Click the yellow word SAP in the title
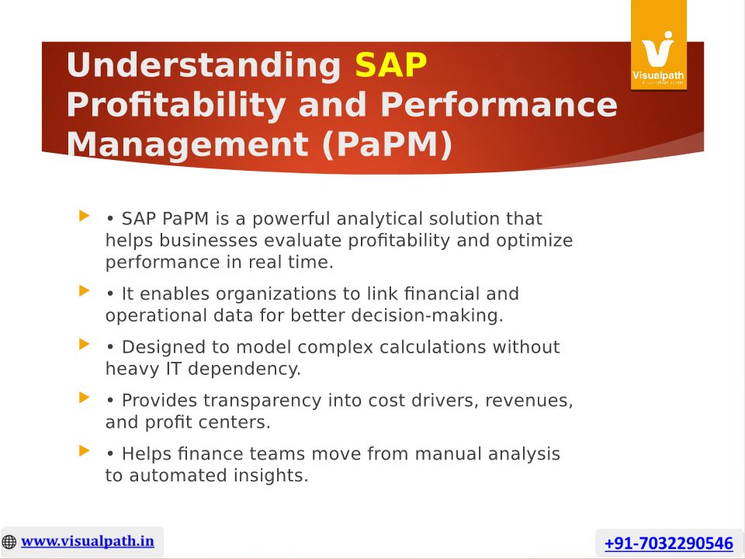390,64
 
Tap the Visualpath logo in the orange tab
659,57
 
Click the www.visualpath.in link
88,541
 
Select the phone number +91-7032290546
668,543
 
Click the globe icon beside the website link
9,542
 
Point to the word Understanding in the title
204,65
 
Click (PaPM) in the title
387,144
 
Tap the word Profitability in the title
177,106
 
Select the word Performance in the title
499,105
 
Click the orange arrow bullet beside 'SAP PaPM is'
84,216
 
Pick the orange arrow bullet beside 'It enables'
84,290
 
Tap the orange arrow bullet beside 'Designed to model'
84,344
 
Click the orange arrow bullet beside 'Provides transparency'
84,397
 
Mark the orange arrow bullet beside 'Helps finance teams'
84,450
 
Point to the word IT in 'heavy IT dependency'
173,369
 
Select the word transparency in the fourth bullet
263,401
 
